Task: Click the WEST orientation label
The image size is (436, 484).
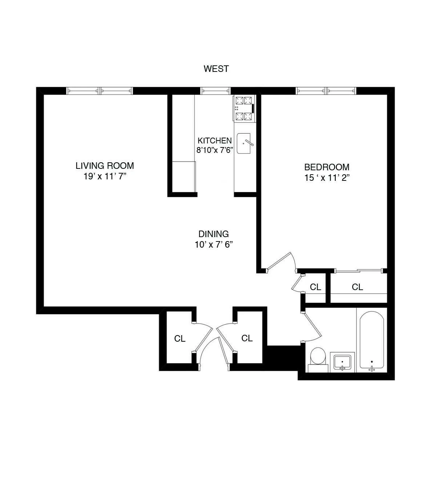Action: click(x=216, y=69)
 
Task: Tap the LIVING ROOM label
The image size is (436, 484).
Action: click(x=105, y=166)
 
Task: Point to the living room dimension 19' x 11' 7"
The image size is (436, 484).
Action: click(x=105, y=176)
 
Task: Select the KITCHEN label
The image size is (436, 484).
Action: click(x=214, y=141)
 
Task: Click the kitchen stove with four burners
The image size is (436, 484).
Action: click(x=244, y=108)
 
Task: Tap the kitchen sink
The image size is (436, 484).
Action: click(x=244, y=143)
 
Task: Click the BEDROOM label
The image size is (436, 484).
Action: click(x=327, y=167)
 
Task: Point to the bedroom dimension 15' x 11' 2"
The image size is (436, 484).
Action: click(x=327, y=178)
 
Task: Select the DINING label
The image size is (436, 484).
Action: click(x=213, y=234)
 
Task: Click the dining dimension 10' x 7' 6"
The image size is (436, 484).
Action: click(x=213, y=245)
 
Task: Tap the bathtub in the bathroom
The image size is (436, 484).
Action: click(x=371, y=340)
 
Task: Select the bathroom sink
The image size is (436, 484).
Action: click(x=342, y=362)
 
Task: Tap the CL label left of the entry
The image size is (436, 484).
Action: click(x=180, y=339)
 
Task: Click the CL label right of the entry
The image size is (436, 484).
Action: click(x=247, y=338)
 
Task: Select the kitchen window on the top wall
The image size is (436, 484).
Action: click(x=215, y=91)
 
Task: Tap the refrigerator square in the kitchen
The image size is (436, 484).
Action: click(x=183, y=176)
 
